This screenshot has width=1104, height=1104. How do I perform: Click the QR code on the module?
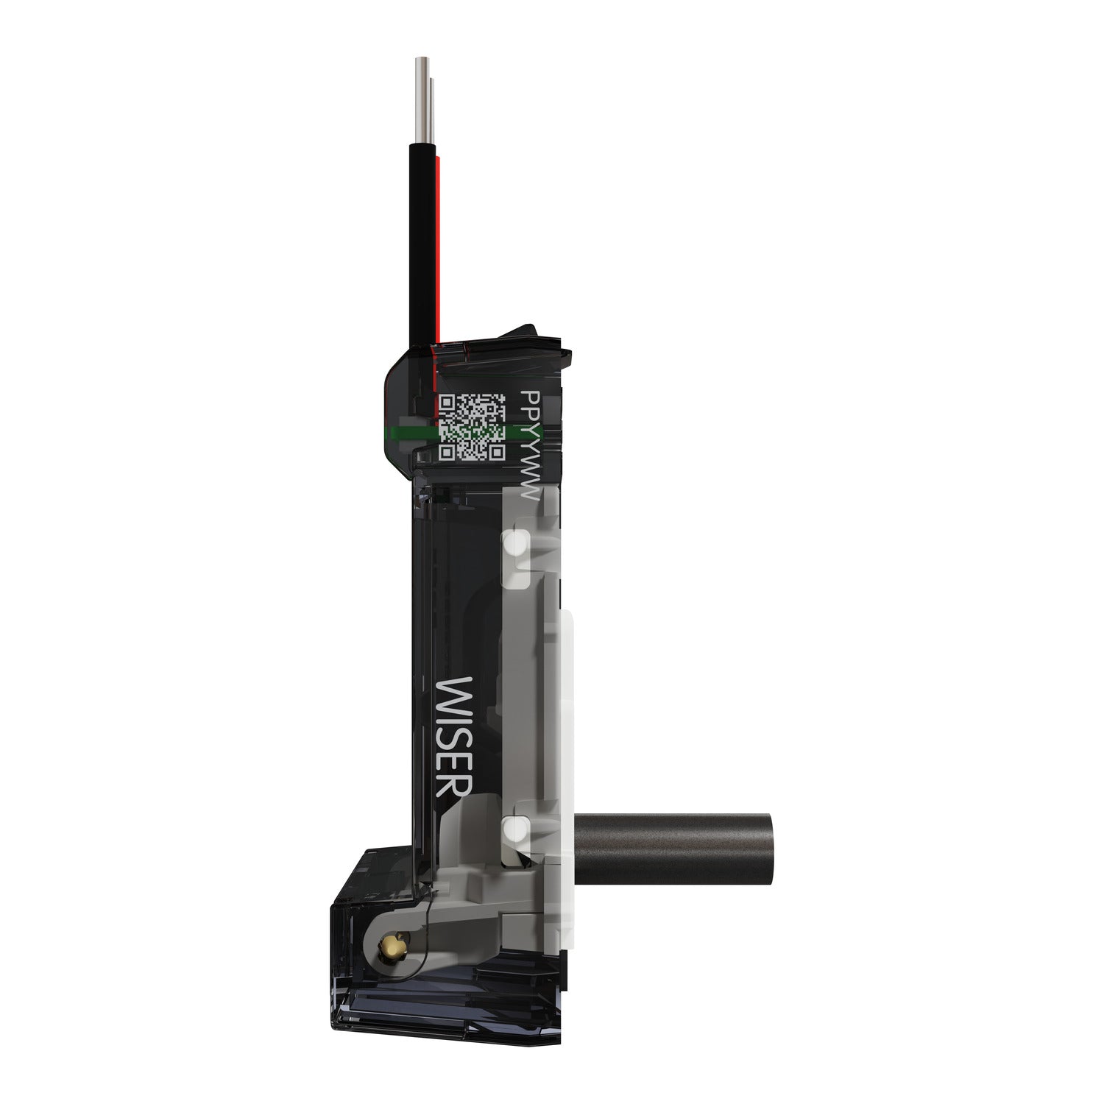click(x=472, y=428)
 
